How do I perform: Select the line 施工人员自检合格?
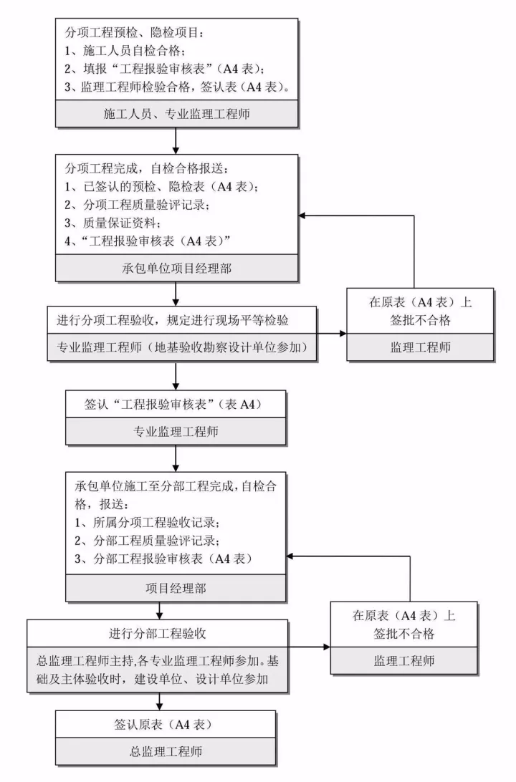(125, 51)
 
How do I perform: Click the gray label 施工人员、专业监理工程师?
(176, 113)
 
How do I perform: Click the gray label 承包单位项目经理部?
(176, 269)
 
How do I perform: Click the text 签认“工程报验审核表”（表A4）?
(175, 405)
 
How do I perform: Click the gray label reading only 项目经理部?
(176, 588)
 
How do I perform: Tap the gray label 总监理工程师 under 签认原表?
(164, 751)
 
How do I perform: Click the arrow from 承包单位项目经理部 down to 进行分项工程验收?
(176, 294)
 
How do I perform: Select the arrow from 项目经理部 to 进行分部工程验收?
(159, 611)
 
